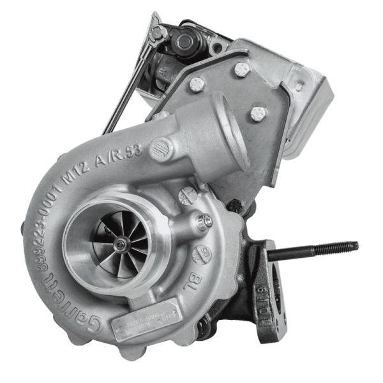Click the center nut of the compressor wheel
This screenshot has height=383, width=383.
click(120, 243)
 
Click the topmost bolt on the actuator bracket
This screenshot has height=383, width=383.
click(241, 68)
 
